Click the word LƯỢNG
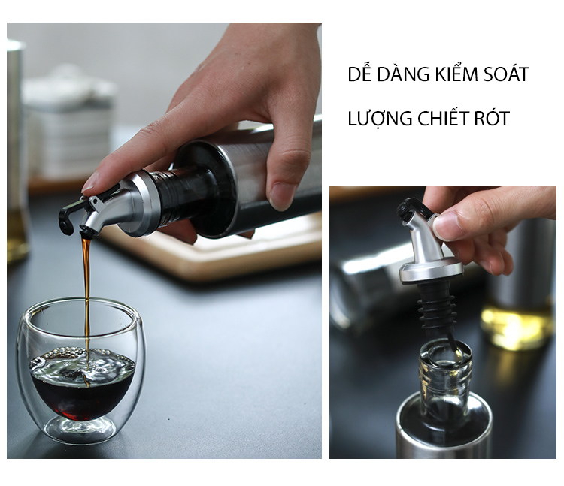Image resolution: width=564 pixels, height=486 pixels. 380,119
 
